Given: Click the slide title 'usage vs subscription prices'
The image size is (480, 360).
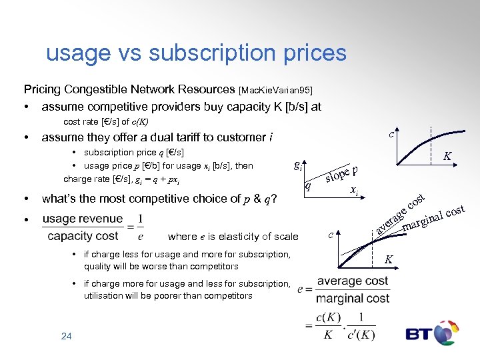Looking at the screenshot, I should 196,53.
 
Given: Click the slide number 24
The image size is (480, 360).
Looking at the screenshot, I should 66,337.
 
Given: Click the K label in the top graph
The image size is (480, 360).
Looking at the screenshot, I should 448,156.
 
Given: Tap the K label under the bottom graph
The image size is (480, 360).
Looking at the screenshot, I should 390,259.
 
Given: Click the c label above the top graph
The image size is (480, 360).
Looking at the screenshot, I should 392,133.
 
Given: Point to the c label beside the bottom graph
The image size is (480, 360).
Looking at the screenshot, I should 331,234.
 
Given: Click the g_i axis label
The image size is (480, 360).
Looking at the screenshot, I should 297,166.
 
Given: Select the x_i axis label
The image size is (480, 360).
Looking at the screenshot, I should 355,191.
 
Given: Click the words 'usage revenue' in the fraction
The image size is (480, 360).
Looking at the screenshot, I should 83,219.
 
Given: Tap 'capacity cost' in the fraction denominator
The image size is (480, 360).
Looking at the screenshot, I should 83,236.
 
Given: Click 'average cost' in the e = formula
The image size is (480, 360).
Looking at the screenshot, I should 352,281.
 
